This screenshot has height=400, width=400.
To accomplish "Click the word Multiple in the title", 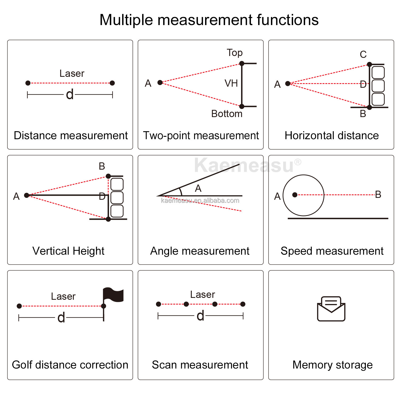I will (126, 20).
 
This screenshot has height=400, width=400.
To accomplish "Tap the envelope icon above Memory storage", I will (331, 309).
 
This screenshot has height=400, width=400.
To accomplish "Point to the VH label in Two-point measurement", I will (231, 83).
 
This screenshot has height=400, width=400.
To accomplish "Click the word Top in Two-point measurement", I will (235, 53).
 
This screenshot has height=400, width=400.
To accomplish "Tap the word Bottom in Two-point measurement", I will (227, 114).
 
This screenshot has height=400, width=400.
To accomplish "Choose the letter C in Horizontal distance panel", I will (363, 55).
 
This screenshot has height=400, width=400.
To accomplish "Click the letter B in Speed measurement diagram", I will (378, 194).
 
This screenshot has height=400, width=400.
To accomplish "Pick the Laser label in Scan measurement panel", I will (202, 295).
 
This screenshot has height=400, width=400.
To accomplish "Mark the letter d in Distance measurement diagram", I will (70, 94).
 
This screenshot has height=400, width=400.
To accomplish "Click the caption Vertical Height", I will (68, 251).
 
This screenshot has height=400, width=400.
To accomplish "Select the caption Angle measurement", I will (200, 251).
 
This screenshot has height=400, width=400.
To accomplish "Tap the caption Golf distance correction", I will (70, 365).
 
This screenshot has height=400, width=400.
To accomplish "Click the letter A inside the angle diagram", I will (198, 189).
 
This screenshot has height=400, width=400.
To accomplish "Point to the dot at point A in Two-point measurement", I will (160, 83).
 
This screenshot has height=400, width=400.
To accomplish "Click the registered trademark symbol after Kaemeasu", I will (298, 162).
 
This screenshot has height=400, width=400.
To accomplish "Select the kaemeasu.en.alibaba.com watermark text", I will (200, 201).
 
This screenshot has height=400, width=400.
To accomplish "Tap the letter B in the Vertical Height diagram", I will (102, 166).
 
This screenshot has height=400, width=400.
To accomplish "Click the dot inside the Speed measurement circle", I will (295, 195).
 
